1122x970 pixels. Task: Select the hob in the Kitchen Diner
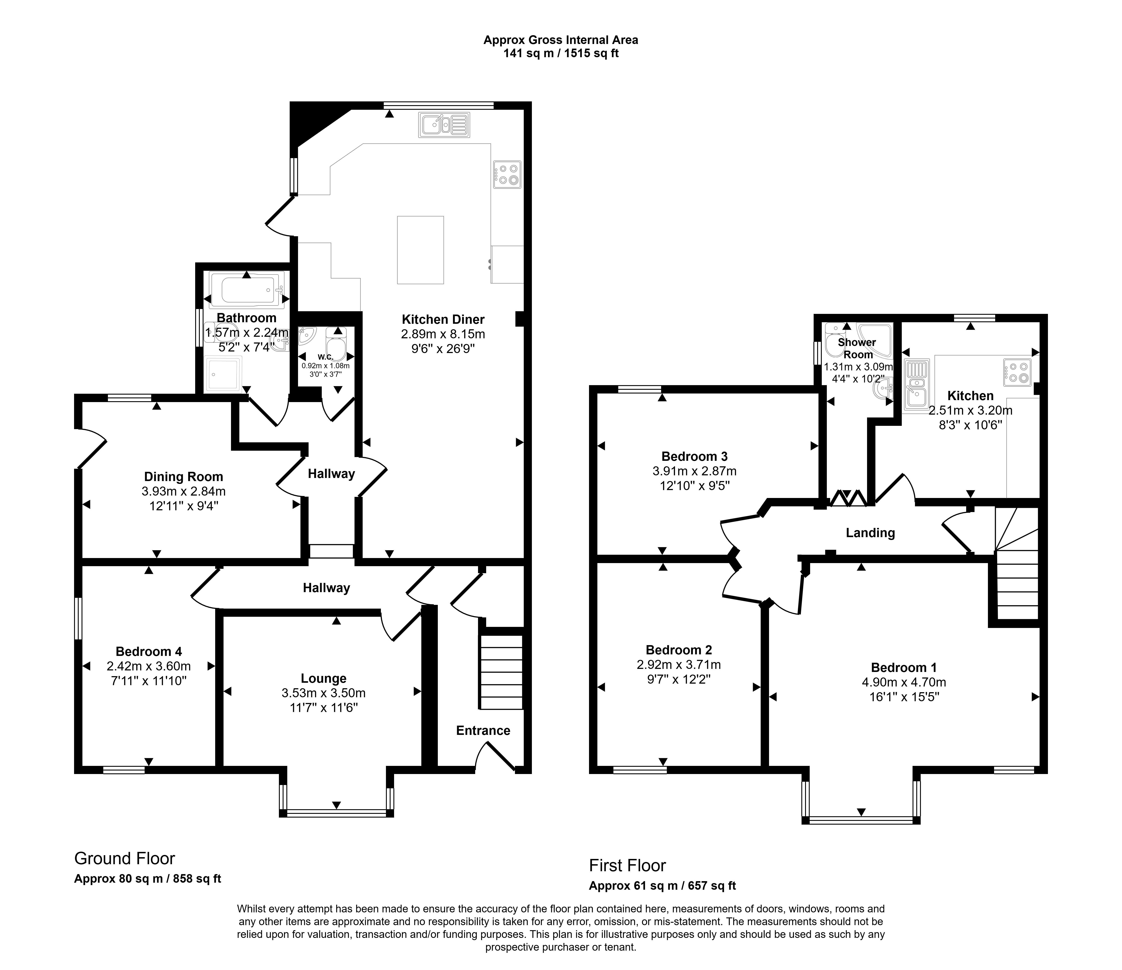click(x=507, y=174)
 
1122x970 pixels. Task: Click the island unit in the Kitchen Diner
click(x=420, y=250)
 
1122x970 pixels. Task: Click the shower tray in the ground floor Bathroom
click(x=223, y=374)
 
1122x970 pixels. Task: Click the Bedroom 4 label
click(x=149, y=651)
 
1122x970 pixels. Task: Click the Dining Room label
click(x=184, y=477)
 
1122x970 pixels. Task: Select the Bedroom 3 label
click(x=694, y=456)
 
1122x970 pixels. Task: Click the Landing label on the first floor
click(x=870, y=533)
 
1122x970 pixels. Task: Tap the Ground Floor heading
click(x=125, y=858)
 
